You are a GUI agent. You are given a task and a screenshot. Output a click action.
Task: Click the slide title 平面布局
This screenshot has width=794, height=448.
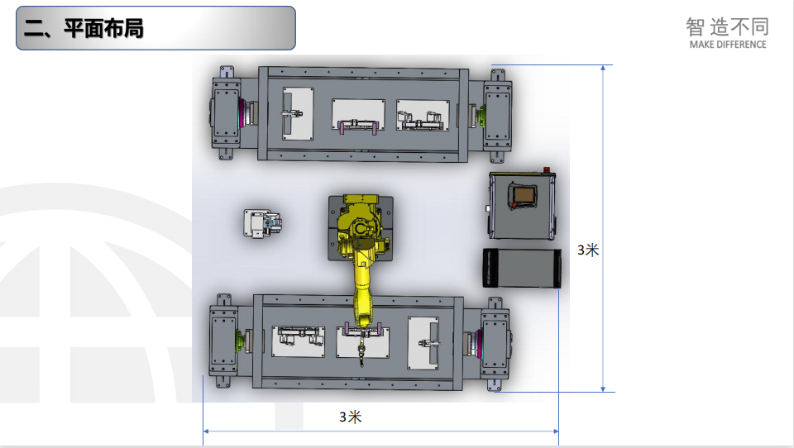pos(103,28)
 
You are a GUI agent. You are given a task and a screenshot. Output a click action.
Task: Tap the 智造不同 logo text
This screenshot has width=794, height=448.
pos(728,26)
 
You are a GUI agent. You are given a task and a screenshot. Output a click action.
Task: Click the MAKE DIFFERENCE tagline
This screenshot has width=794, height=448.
pos(728,45)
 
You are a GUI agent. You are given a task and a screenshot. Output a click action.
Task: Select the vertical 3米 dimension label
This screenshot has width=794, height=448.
pos(588,250)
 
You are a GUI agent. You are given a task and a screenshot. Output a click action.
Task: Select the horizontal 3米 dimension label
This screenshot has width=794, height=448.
pos(351,417)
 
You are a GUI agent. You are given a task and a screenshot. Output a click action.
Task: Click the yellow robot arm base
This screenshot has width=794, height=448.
pos(360,228)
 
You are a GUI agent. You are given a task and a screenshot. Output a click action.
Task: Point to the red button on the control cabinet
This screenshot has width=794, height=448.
pos(547,169)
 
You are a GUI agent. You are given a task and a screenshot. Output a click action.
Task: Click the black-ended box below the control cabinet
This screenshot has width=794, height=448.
pos(522,269)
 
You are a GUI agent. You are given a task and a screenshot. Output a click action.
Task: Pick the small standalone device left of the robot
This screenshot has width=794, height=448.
pos(262,223)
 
